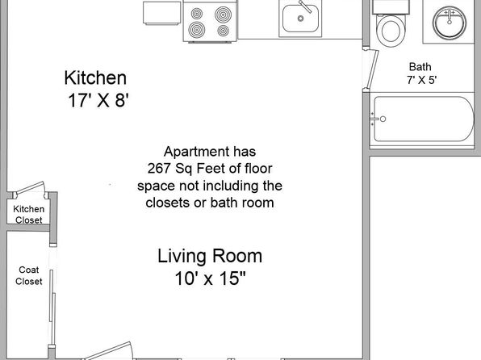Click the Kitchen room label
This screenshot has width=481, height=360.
[x=95, y=78]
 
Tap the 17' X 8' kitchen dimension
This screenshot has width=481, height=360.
[x=98, y=100]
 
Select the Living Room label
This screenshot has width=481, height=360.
[x=210, y=256]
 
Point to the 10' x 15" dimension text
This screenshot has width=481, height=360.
[x=211, y=278]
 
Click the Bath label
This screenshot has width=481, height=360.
[x=420, y=67]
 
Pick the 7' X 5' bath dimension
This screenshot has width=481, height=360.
[x=422, y=80]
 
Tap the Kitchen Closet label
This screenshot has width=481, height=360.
[x=29, y=214]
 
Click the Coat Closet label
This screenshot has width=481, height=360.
[x=29, y=275]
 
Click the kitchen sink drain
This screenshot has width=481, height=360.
[x=300, y=19]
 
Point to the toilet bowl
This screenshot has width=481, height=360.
[x=391, y=31]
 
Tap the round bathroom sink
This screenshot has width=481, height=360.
[x=450, y=23]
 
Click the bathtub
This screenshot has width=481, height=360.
[x=424, y=119]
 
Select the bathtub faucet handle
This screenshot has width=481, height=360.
[x=383, y=119]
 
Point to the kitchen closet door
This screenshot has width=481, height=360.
[x=31, y=187]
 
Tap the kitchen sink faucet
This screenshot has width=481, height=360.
[x=305, y=6]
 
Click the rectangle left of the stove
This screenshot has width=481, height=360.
[x=161, y=13]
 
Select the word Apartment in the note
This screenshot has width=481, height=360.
[x=197, y=152]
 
